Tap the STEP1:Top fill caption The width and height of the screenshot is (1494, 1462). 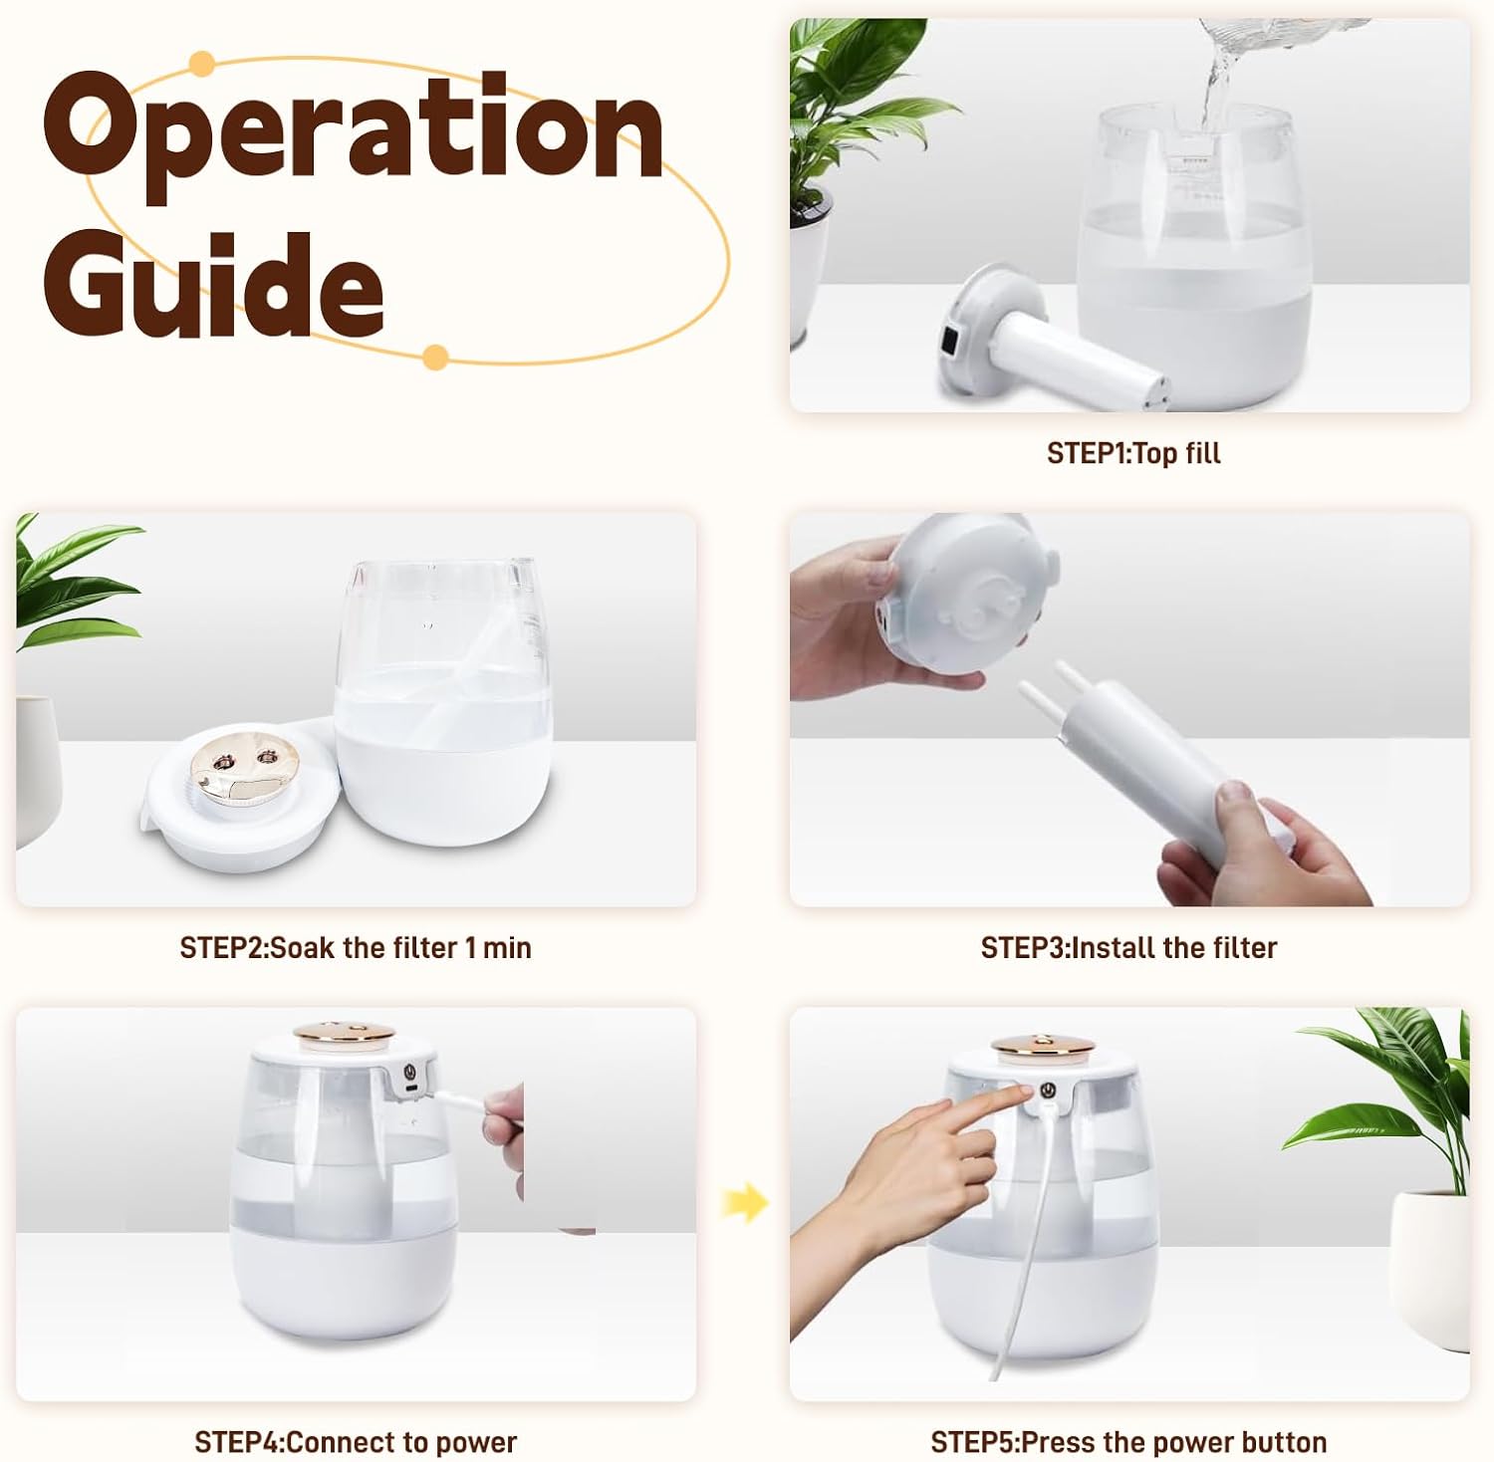pyautogui.click(x=1133, y=453)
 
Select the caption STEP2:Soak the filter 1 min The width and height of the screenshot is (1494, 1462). pyautogui.click(x=356, y=947)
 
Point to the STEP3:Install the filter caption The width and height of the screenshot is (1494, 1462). pyautogui.click(x=1128, y=947)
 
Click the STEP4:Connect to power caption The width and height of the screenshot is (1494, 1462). pyautogui.click(x=356, y=1442)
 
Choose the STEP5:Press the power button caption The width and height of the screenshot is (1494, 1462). pyautogui.click(x=1128, y=1442)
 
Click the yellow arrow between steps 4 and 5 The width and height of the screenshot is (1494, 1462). pyautogui.click(x=745, y=1202)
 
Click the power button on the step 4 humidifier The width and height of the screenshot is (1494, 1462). pyautogui.click(x=408, y=1073)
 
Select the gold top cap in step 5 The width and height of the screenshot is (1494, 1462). pyautogui.click(x=1042, y=1045)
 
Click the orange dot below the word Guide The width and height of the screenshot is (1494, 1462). pyautogui.click(x=434, y=358)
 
